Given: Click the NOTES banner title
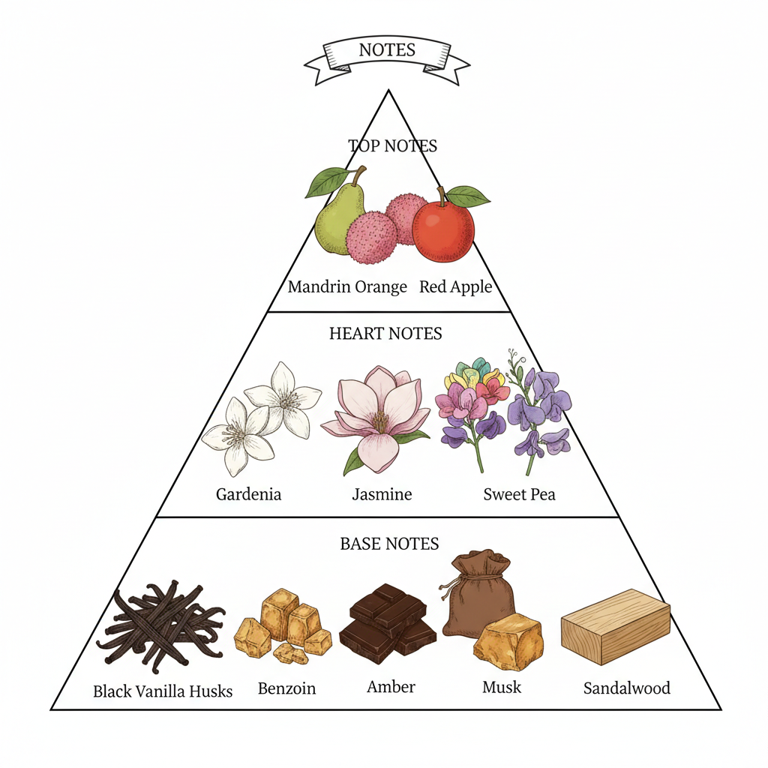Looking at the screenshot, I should pos(387,51).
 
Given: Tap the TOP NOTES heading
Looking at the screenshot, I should pos(392,145).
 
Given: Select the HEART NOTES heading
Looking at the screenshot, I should pos(385,333).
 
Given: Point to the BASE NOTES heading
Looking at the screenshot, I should pos(389,543).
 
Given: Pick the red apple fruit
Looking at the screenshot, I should pos(443,230).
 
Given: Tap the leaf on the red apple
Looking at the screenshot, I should pos(467,196).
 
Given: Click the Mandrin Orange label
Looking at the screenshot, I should pos(347,286).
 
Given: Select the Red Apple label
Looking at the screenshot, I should pos(455,286).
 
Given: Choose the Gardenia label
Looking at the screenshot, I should pos(248,494).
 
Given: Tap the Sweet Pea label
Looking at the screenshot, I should pos(519,494).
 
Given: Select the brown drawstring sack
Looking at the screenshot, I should pos(478,592).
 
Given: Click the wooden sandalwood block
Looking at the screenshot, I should pos(615,626).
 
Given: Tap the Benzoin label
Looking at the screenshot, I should pos(286,688).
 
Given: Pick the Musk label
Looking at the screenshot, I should pos(502,686).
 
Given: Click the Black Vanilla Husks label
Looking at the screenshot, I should pos(163,691).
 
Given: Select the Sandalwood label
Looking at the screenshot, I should pos(626,688).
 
